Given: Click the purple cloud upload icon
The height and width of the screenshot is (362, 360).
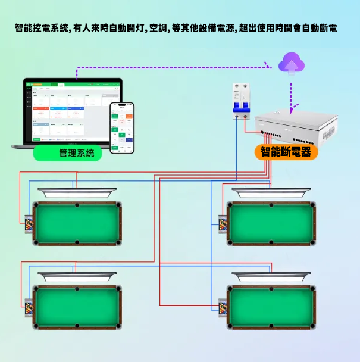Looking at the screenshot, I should (x=291, y=62).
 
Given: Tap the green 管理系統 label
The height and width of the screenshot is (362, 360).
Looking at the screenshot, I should (x=67, y=152).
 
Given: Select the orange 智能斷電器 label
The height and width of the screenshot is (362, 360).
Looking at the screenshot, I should (x=286, y=152).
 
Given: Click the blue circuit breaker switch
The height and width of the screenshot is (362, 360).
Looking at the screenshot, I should (x=242, y=105).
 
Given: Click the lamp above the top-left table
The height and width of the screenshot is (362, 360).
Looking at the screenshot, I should (x=77, y=193).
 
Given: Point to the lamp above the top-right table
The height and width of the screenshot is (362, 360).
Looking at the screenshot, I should (x=271, y=193).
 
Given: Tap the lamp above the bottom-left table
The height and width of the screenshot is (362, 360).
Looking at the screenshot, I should (x=77, y=276).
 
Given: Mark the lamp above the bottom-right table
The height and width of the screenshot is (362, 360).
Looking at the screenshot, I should (x=271, y=276).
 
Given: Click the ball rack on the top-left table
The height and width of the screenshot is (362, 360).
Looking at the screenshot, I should (x=29, y=226).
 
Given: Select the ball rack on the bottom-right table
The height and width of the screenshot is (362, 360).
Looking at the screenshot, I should (x=223, y=309).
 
